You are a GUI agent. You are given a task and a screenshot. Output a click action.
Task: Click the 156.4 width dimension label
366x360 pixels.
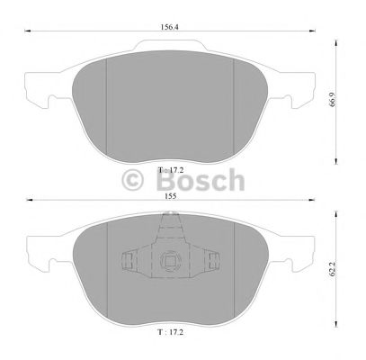[x=168, y=27]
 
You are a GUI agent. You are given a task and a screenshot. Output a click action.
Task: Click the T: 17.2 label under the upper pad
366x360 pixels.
[x=168, y=170]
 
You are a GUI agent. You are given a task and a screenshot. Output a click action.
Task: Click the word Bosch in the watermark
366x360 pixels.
[x=202, y=180]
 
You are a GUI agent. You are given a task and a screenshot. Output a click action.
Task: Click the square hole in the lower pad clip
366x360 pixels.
[x=169, y=263]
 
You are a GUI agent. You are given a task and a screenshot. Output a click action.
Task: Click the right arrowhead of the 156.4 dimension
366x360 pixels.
[x=312, y=34]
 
